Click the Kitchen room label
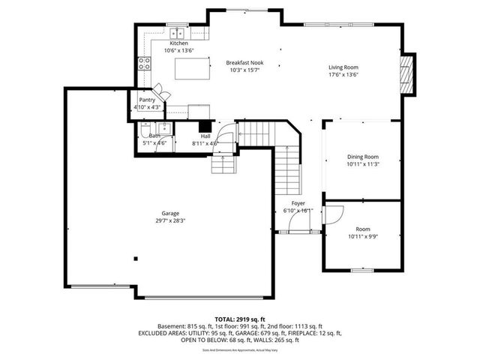point(178,43)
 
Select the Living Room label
point(343,68)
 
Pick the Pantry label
point(147,100)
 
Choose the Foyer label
point(298,203)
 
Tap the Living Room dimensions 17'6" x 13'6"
point(343,76)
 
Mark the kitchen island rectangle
point(190,68)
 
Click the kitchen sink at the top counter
point(178,33)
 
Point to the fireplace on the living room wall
point(407,75)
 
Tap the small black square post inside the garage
point(136,259)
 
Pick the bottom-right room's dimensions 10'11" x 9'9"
point(364,237)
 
